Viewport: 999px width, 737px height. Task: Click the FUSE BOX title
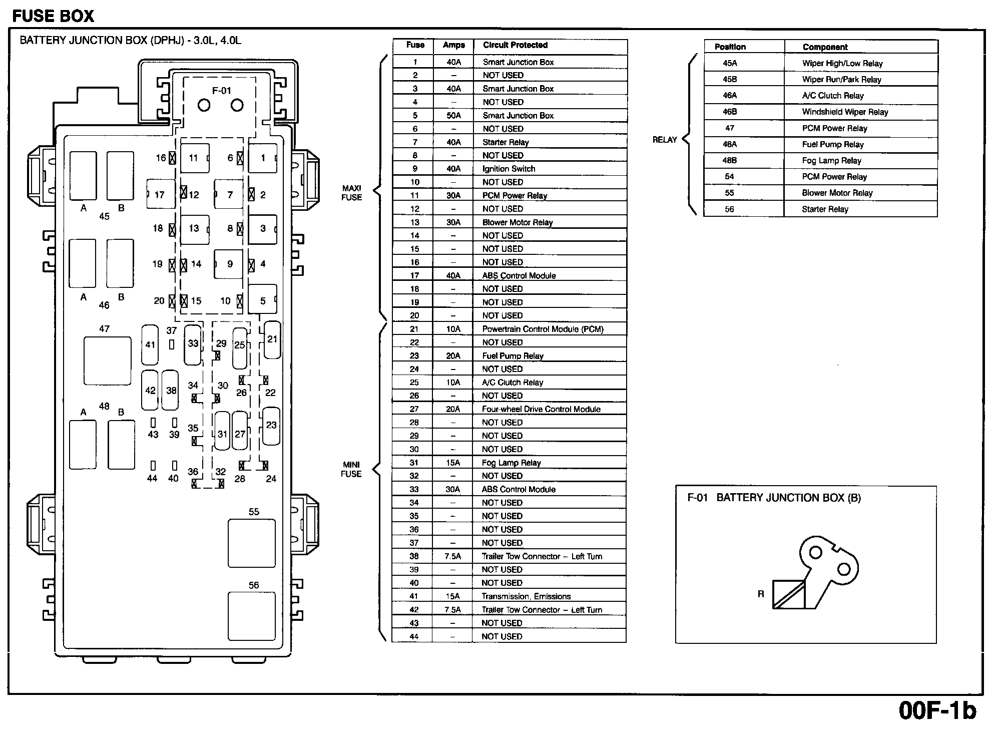tap(53, 16)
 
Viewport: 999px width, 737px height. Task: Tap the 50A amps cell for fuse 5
tap(453, 116)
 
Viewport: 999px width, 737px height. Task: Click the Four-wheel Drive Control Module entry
tap(541, 409)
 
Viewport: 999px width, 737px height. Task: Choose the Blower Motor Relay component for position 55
tap(837, 193)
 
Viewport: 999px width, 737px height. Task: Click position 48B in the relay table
tap(730, 160)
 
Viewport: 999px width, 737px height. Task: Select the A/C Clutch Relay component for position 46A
tap(833, 96)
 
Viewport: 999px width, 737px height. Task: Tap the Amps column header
tap(453, 45)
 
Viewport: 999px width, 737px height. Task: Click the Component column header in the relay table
tap(825, 47)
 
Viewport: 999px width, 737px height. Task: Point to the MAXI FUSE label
tap(351, 193)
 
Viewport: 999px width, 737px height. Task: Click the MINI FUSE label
tap(351, 469)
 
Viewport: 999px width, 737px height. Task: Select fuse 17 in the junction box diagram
tap(160, 194)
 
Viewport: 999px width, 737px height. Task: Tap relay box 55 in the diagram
tap(251, 543)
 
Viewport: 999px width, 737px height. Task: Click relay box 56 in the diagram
tap(251, 616)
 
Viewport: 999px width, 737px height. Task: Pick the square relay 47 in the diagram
tap(107, 360)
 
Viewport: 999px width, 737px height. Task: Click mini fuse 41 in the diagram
tap(150, 344)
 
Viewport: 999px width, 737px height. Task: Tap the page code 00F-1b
tap(937, 710)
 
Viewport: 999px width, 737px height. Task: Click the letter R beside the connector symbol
tap(761, 594)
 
